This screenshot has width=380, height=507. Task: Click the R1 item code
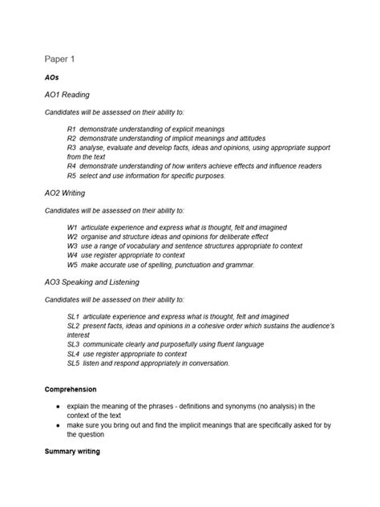(71, 129)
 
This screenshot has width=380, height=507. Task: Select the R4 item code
(71, 166)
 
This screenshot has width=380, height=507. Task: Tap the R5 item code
(71, 176)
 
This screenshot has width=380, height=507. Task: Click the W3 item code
(72, 246)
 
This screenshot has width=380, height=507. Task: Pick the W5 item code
(72, 264)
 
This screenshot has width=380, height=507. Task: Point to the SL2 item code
(74, 326)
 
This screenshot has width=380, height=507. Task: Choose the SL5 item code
(74, 363)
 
